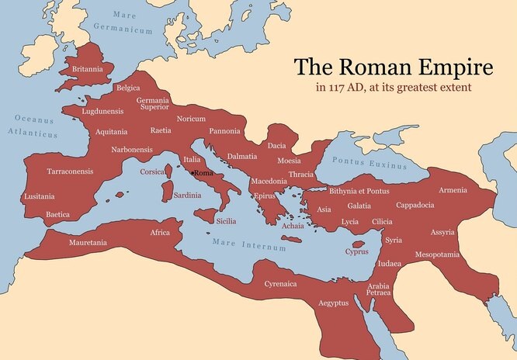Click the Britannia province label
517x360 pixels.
point(88,68)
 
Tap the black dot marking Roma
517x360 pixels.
point(193,172)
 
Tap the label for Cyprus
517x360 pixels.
point(357,251)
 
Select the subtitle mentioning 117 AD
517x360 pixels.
point(393,87)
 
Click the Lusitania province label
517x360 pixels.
point(40,196)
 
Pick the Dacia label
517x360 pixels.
point(277,145)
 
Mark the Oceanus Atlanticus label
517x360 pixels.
point(36,126)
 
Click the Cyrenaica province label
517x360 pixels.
point(280,284)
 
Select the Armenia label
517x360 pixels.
point(453,191)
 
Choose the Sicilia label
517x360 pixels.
point(225,221)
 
